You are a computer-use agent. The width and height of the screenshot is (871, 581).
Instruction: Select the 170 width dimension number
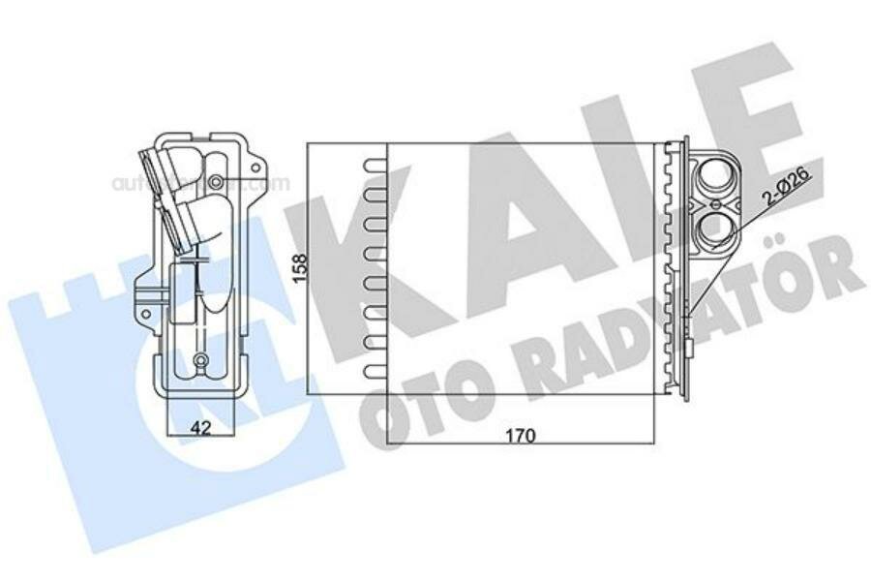tap(521, 435)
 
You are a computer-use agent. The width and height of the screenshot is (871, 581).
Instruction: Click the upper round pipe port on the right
tap(718, 175)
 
